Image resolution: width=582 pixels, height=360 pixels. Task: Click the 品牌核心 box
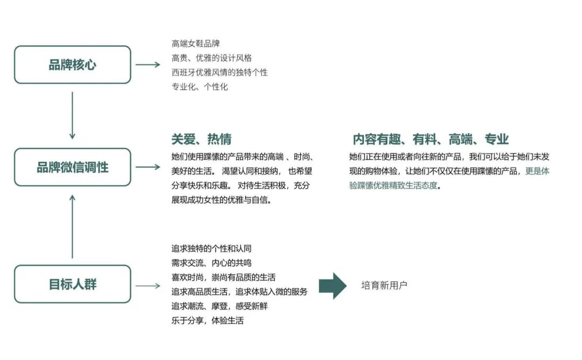(x=72, y=65)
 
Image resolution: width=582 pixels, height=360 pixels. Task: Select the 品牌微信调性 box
(x=72, y=167)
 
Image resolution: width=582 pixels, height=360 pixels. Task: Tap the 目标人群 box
(x=72, y=284)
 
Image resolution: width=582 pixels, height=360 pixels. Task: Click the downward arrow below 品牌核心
(x=72, y=115)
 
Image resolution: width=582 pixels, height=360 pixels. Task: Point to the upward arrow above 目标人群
(x=72, y=226)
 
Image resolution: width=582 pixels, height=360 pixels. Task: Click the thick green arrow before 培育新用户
(x=332, y=286)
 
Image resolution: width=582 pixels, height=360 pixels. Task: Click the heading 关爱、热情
(x=202, y=139)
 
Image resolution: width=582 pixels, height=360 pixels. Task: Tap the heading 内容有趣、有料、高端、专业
(x=431, y=139)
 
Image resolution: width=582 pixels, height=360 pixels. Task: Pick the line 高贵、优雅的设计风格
(x=212, y=58)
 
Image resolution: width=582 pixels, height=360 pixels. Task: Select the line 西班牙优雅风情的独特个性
(x=219, y=72)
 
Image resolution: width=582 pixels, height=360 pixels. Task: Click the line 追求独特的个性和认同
(x=211, y=248)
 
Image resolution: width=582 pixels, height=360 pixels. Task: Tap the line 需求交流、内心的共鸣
(x=211, y=263)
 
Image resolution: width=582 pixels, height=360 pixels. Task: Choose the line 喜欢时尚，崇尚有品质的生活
(x=223, y=278)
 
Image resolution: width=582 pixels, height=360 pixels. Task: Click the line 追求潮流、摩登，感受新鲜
(x=219, y=306)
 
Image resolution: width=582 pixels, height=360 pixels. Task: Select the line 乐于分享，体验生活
(x=207, y=321)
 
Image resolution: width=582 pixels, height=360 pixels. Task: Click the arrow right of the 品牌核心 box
(x=148, y=65)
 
